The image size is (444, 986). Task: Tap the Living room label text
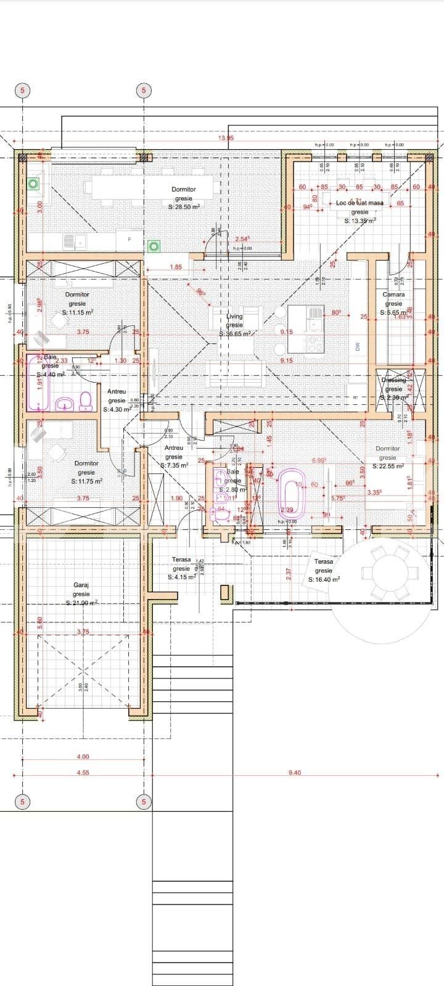234,316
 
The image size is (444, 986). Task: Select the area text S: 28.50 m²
184,208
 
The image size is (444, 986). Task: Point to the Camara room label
393,295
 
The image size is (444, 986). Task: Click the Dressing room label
393,380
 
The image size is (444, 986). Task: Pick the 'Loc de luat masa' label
360,203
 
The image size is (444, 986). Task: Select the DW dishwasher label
357,347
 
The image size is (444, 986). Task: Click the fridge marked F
129,239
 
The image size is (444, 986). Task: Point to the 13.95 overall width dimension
226,138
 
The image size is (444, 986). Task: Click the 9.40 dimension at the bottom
294,773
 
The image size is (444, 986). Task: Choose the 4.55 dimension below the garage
83,773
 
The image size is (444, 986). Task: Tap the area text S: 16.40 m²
324,579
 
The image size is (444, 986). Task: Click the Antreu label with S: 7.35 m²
174,448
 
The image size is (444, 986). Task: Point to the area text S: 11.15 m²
78,312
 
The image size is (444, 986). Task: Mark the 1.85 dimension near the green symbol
176,267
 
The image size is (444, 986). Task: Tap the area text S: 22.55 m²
387,467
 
